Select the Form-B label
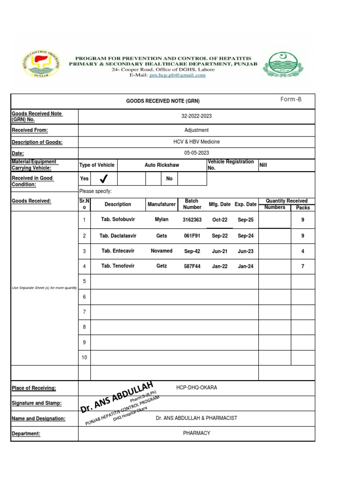click(x=291, y=99)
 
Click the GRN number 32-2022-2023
click(x=196, y=116)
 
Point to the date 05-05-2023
click(x=196, y=153)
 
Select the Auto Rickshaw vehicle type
click(x=162, y=165)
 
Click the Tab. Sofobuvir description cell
click(x=118, y=219)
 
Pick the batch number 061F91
click(x=192, y=236)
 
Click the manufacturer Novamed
click(x=162, y=251)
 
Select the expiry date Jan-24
click(x=245, y=266)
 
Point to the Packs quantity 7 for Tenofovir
click(x=303, y=266)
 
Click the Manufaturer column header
click(x=162, y=204)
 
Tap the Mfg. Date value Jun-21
click(x=219, y=251)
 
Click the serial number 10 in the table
click(x=84, y=357)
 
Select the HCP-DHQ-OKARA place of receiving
click(x=196, y=388)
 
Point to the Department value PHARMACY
click(x=196, y=433)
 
